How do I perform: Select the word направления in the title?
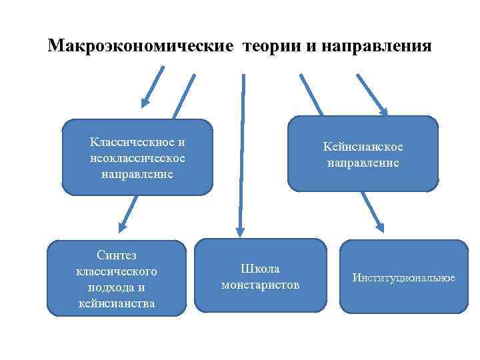(x=376, y=47)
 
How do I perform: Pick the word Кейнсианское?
(x=363, y=147)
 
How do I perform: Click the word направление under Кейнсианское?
(x=363, y=163)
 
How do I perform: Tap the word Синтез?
(x=117, y=256)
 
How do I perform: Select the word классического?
(x=117, y=272)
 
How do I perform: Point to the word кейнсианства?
(x=117, y=303)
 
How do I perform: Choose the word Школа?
(x=260, y=269)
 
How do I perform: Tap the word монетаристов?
(x=260, y=285)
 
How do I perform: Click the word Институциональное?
(x=404, y=277)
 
